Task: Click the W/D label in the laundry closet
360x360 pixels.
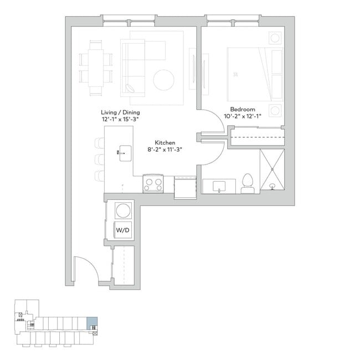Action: coord(122,230)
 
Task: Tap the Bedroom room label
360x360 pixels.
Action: coord(243,109)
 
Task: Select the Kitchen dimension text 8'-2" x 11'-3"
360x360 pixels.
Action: coord(164,150)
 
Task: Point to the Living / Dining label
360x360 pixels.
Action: coord(120,112)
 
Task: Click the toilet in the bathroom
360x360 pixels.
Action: coord(248,183)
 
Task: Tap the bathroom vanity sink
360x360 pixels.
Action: coord(219,186)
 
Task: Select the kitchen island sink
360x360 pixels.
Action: coord(125,153)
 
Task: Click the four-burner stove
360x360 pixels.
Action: coord(153,184)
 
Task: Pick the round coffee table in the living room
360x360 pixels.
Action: coord(164,80)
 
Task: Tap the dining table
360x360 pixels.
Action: coord(96,68)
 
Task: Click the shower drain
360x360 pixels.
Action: coord(272,186)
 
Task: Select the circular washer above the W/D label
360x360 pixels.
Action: coord(124,210)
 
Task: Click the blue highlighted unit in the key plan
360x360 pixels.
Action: coord(92,323)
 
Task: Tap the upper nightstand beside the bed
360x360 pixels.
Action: coord(275,38)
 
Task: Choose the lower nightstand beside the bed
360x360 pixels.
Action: coord(275,111)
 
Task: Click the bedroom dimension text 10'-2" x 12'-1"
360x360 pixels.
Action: coord(243,116)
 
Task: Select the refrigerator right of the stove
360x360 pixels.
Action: coord(185,187)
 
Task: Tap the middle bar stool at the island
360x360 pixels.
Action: coord(99,160)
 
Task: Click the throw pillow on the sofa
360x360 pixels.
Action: coord(130,89)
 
